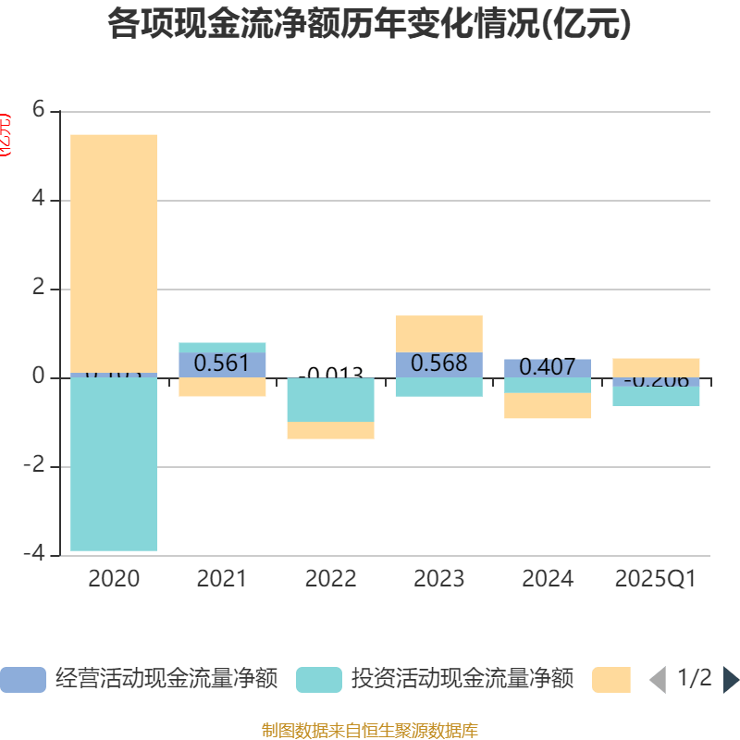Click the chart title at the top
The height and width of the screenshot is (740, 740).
click(x=369, y=24)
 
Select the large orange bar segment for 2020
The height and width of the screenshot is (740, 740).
click(x=114, y=253)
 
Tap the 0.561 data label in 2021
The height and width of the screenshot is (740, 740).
click(x=222, y=364)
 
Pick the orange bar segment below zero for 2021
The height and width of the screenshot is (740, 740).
click(x=222, y=388)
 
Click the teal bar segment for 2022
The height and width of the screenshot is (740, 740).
click(x=330, y=400)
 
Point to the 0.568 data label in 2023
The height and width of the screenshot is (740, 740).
click(x=438, y=364)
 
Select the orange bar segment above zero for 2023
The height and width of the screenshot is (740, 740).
click(x=438, y=334)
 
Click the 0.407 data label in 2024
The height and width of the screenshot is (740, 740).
click(x=548, y=366)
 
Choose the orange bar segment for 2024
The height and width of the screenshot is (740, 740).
click(x=548, y=406)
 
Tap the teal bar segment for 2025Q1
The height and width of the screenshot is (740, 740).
click(x=656, y=397)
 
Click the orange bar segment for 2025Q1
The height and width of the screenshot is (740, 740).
click(x=656, y=367)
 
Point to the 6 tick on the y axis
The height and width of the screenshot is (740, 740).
click(x=38, y=110)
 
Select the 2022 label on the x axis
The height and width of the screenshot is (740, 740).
click(x=330, y=579)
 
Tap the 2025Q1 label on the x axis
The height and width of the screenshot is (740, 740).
click(x=656, y=579)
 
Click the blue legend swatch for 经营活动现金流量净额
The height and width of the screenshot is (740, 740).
click(x=22, y=680)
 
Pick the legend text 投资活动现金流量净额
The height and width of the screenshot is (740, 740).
click(x=462, y=680)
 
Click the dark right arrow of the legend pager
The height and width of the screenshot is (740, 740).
click(x=731, y=680)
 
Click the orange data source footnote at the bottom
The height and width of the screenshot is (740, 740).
click(x=369, y=731)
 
